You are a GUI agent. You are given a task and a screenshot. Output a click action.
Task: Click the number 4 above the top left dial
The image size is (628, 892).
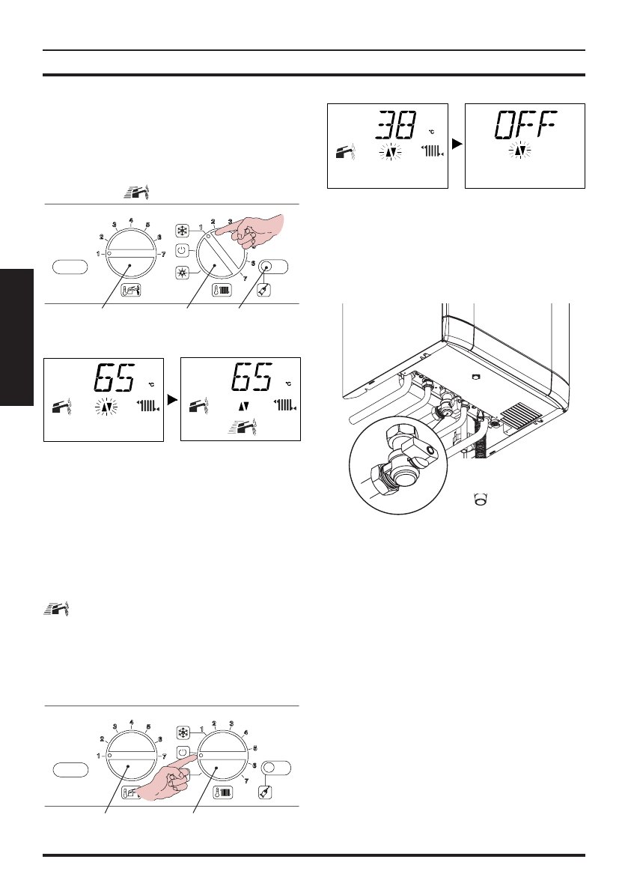click(x=132, y=221)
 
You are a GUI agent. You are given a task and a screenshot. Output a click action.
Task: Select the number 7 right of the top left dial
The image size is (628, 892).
click(x=164, y=255)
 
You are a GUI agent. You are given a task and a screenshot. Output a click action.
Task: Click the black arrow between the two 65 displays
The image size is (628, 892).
click(x=171, y=400)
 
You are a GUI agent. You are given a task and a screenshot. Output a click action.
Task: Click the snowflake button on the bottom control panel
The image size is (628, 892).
click(x=183, y=732)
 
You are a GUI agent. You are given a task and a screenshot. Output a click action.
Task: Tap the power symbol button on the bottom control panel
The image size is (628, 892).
click(x=183, y=751)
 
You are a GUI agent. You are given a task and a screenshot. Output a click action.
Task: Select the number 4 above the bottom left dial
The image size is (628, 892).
click(x=132, y=723)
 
